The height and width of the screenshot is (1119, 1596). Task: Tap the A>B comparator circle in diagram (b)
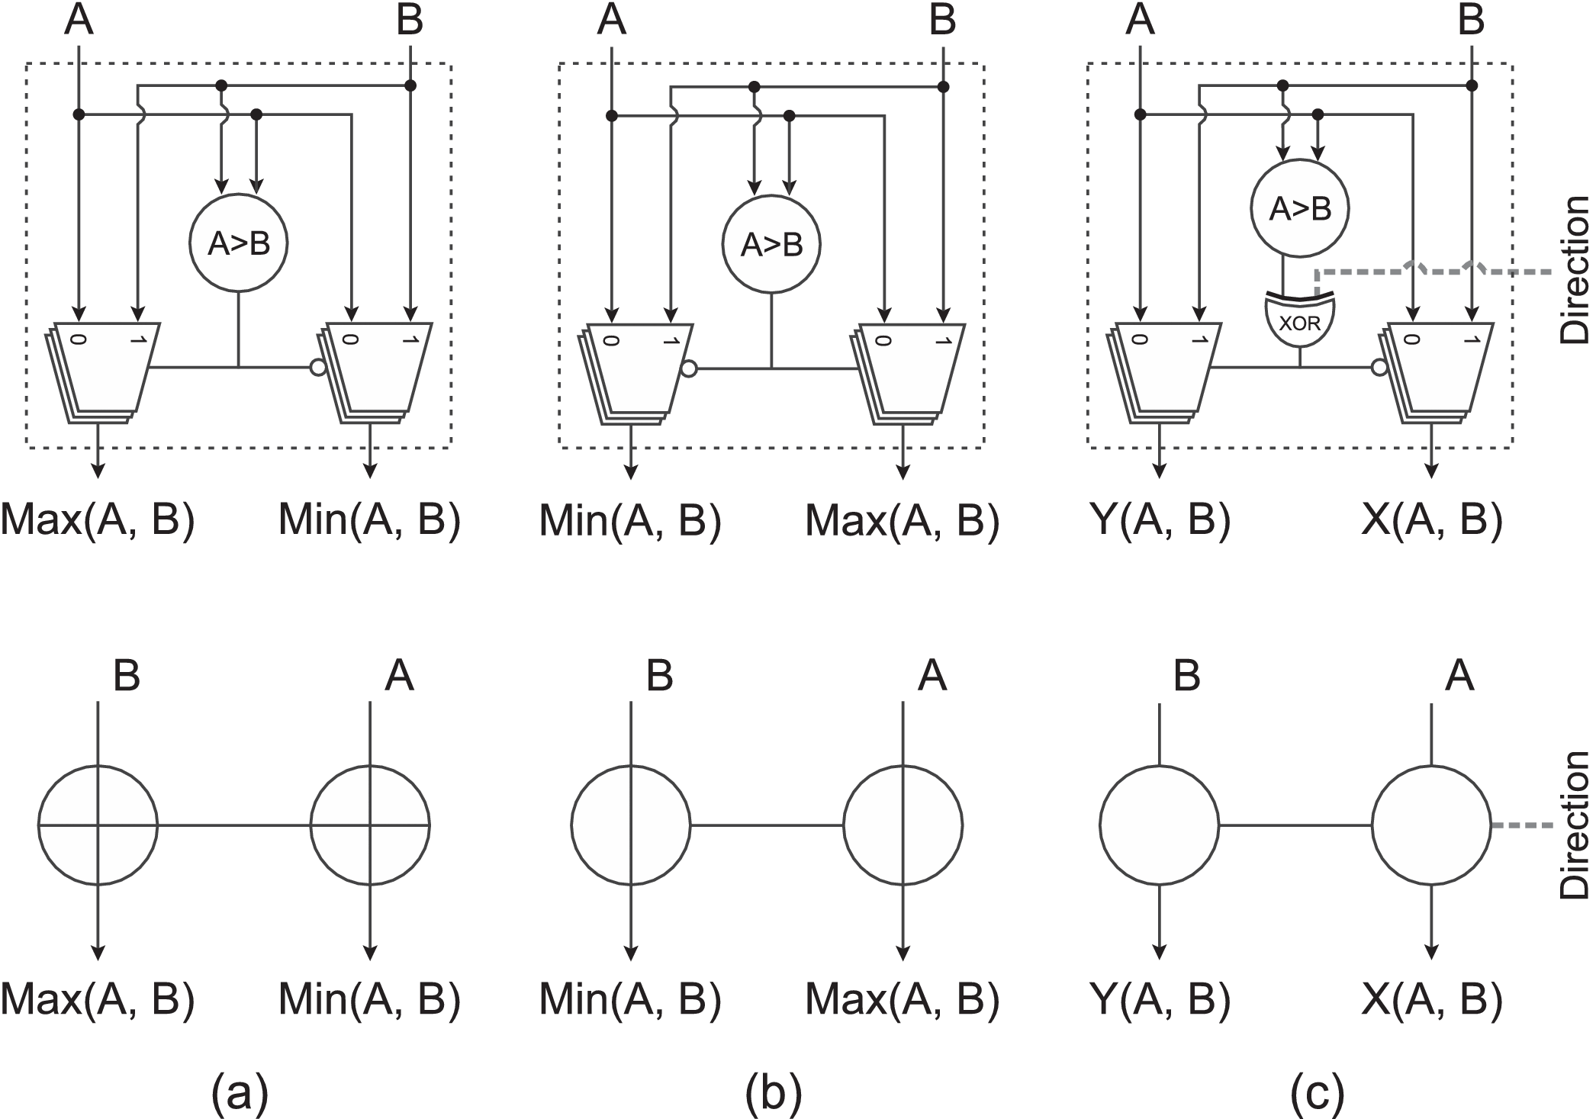tap(772, 244)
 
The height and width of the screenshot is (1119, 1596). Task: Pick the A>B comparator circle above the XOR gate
tap(1300, 208)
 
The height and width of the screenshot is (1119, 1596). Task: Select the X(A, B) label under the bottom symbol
tap(1432, 999)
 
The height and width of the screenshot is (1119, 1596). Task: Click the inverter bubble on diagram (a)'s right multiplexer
tap(318, 368)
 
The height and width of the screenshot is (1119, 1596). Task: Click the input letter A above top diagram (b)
tap(611, 21)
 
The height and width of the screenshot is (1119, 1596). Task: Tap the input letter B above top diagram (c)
tap(1471, 21)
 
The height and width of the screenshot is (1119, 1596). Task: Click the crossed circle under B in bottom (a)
tap(98, 825)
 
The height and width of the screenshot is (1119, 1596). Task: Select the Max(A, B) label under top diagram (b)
tap(903, 521)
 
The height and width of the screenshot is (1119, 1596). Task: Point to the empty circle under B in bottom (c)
tap(1159, 825)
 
